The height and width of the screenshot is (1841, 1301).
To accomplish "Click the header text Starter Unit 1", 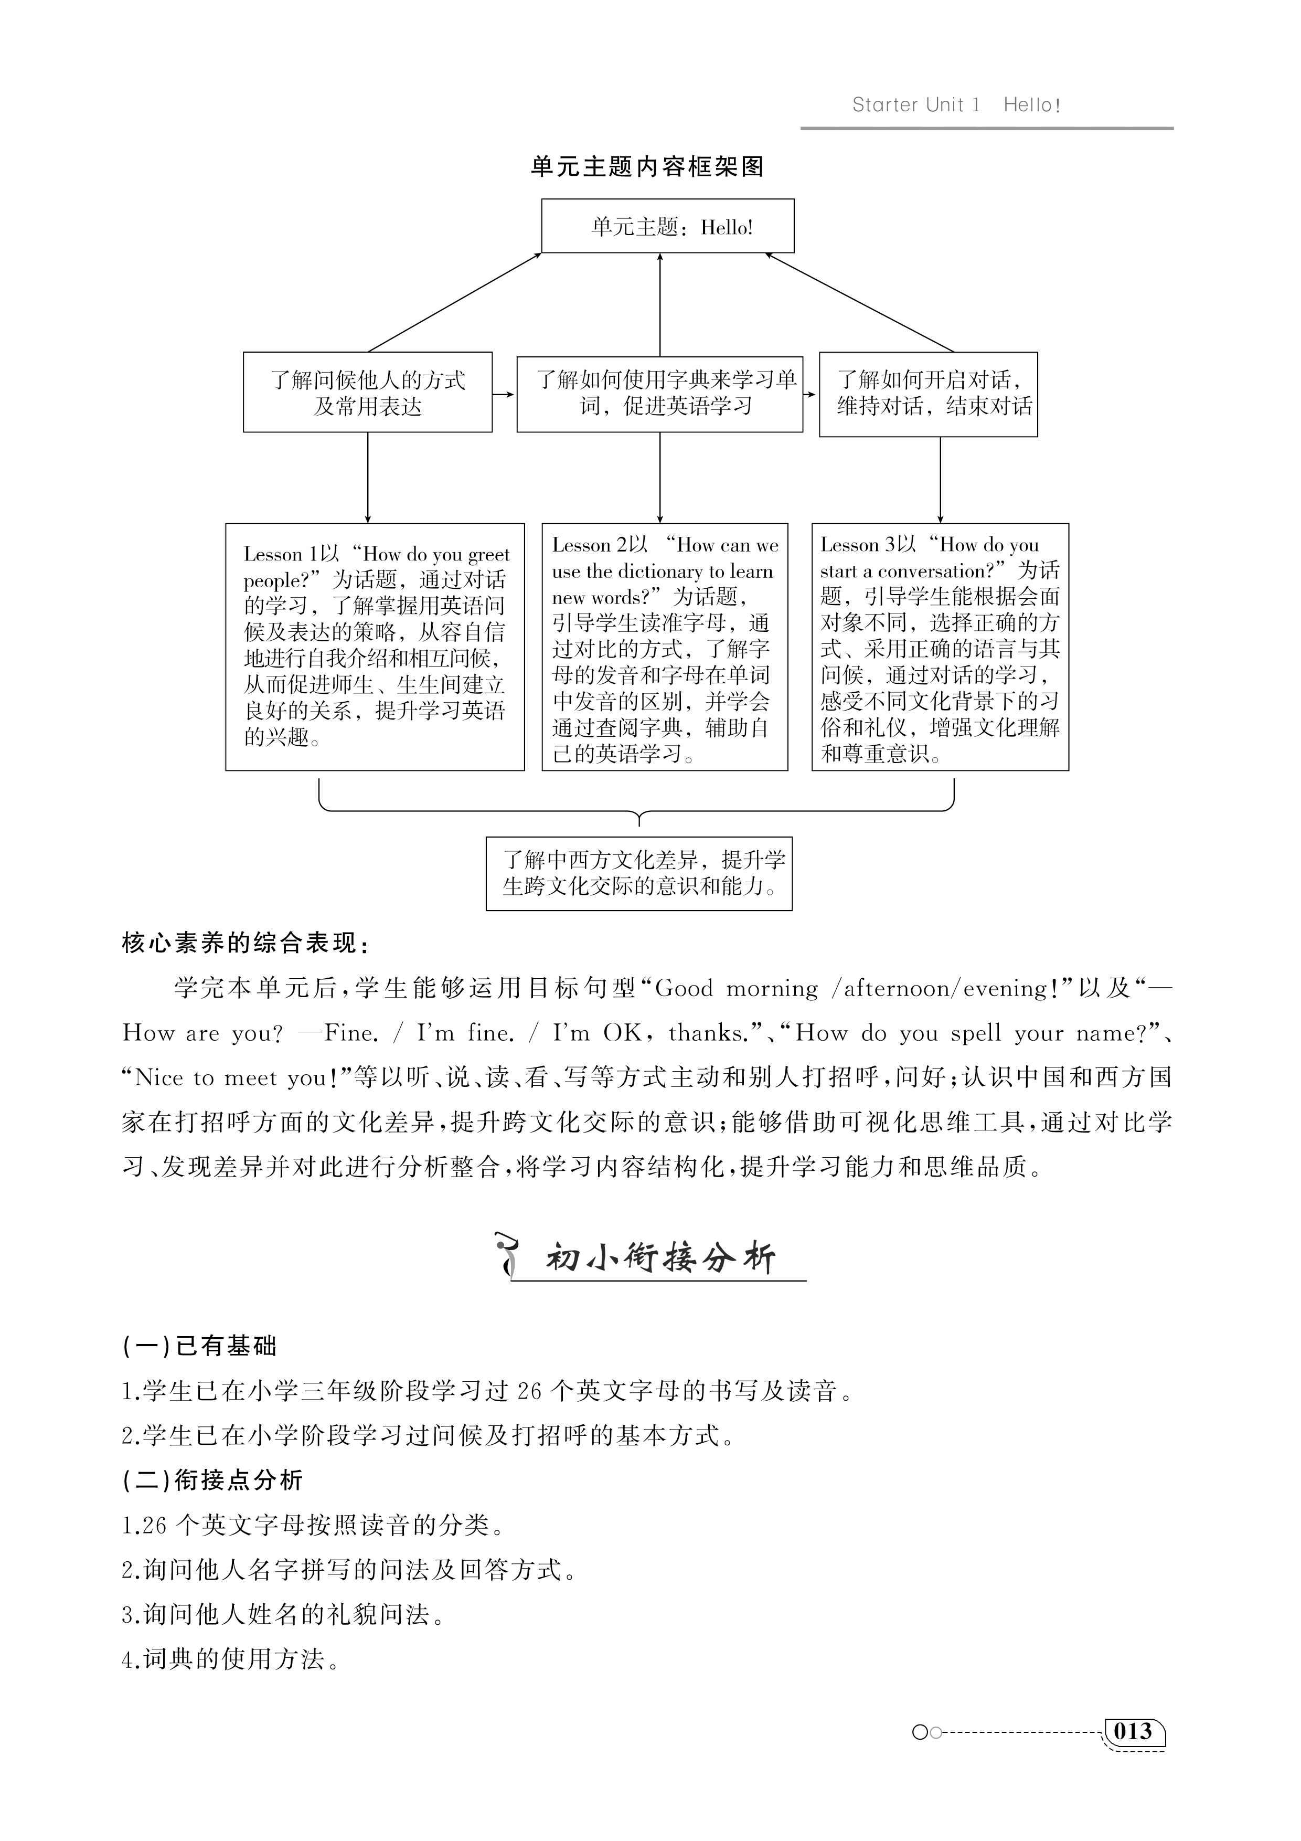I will (915, 105).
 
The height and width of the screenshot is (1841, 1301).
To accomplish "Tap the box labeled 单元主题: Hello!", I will (668, 227).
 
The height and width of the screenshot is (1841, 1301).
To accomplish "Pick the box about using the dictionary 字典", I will (660, 393).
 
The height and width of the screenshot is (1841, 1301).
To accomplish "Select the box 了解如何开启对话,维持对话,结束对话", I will (928, 394).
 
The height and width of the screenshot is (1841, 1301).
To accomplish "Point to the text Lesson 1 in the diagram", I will (281, 555).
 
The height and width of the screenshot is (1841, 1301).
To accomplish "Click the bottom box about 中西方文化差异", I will (639, 873).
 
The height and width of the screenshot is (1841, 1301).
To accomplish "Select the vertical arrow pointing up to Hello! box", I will (660, 305).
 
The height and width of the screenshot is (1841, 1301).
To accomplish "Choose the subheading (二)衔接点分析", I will (212, 1480).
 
